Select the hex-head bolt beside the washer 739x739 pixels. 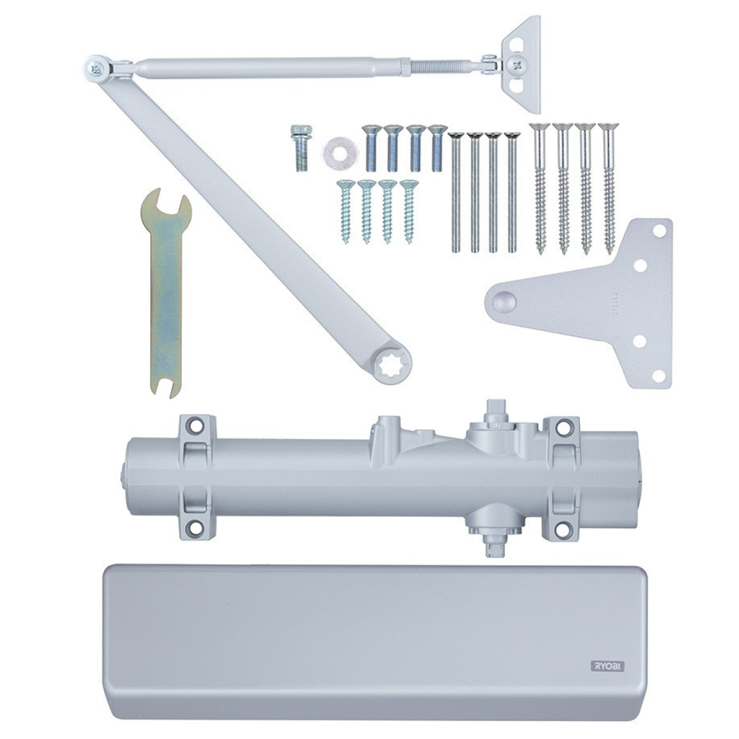tap(301, 148)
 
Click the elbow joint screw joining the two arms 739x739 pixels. tap(94, 68)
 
